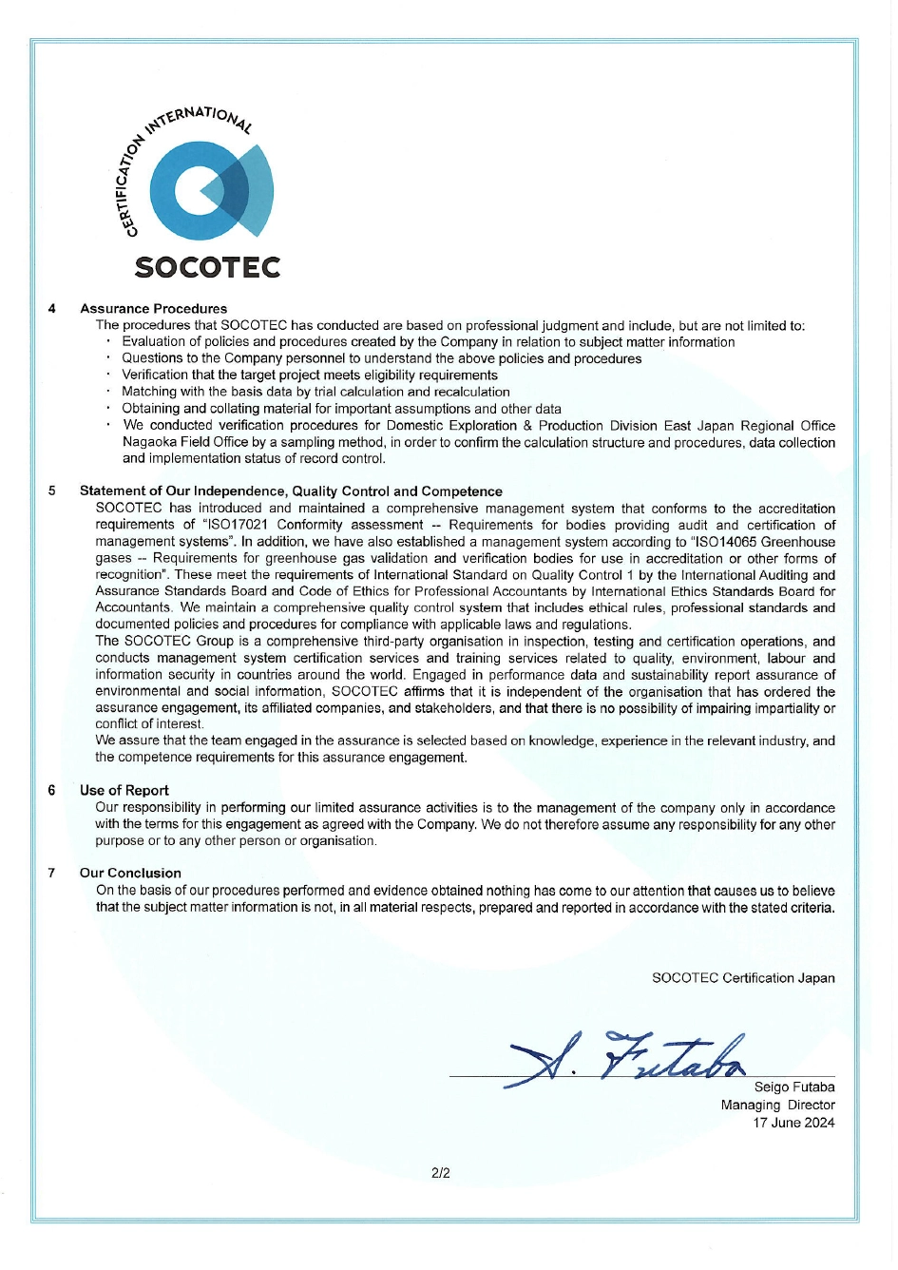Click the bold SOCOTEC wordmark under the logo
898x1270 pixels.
click(x=207, y=267)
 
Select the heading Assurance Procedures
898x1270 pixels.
click(x=153, y=309)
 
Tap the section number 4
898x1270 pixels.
click(x=51, y=309)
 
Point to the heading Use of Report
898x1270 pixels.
click(x=124, y=790)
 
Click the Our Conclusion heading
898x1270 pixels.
click(x=130, y=873)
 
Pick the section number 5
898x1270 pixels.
click(x=51, y=491)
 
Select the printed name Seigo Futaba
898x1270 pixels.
click(x=793, y=1087)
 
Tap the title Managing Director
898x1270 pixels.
click(x=777, y=1105)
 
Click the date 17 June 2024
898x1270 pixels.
click(x=793, y=1123)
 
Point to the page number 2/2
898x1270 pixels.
click(x=440, y=1173)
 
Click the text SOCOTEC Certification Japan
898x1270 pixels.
click(x=743, y=977)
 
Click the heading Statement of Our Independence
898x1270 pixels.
click(x=291, y=491)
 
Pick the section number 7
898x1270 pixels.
click(x=51, y=873)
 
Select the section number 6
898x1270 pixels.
click(x=51, y=790)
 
